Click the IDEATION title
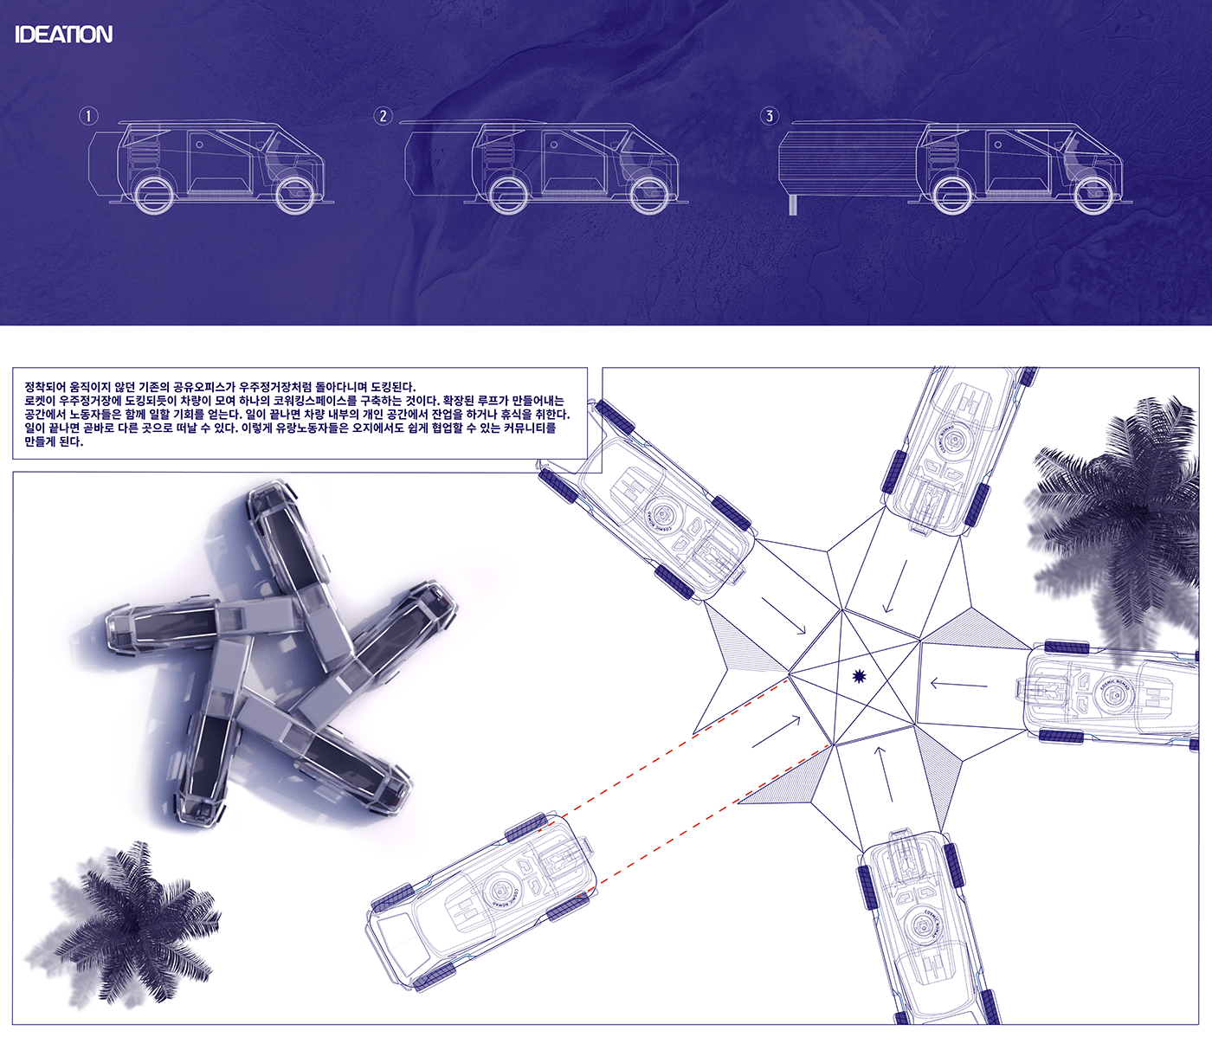coord(63,35)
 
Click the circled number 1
coord(88,115)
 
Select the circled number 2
coord(383,115)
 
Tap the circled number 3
coord(769,115)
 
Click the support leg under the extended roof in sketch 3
coord(793,204)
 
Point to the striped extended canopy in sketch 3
coord(844,163)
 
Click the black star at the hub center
coord(859,676)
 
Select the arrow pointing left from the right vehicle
coord(958,685)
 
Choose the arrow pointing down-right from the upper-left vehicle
coord(783,615)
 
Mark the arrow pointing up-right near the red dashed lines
coord(777,732)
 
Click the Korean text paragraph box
coord(300,414)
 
